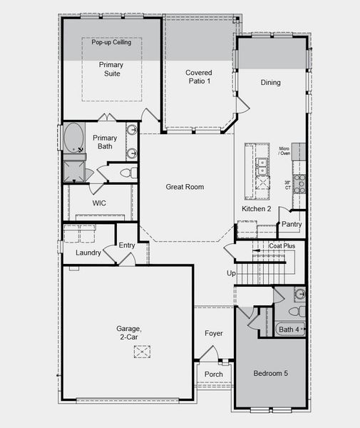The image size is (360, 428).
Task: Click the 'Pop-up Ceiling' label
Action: [x=110, y=43]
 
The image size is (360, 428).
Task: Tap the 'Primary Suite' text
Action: [x=110, y=68]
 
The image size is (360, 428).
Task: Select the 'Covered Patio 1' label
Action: [x=200, y=77]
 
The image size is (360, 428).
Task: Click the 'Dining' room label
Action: [x=270, y=83]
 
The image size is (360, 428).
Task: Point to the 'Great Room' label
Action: [x=185, y=187]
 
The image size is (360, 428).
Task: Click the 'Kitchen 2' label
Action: [x=257, y=208]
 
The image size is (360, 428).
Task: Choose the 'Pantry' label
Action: [x=292, y=224]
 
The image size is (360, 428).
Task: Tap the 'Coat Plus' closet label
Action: [x=282, y=246]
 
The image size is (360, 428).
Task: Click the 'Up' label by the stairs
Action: [x=231, y=273]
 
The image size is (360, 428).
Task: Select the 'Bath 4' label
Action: [x=289, y=329]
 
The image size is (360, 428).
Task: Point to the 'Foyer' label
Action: [x=214, y=333]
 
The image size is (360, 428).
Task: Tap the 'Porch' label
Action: [x=213, y=374]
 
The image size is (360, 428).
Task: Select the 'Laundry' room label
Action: [x=88, y=253]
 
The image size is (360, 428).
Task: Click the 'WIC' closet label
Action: [x=100, y=203]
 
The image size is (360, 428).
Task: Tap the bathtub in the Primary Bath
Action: [x=73, y=138]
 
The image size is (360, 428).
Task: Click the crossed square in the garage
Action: [x=143, y=352]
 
